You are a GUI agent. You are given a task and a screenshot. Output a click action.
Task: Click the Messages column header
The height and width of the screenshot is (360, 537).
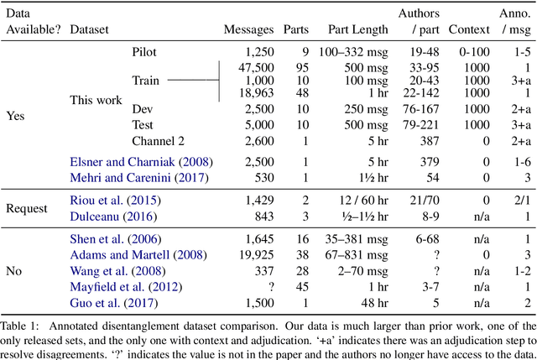click(248, 29)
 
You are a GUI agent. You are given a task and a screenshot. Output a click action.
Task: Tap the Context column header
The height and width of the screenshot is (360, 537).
click(469, 29)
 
